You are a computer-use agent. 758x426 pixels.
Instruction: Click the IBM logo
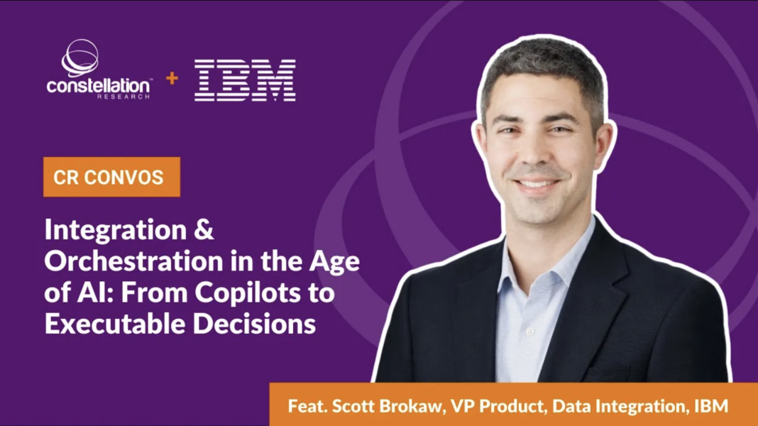click(x=246, y=80)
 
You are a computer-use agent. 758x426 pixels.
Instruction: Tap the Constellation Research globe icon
click(x=79, y=57)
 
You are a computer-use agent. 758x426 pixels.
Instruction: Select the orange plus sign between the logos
click(x=172, y=78)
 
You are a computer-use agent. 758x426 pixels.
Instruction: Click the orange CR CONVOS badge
click(x=111, y=177)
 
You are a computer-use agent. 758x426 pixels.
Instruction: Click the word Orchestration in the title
click(x=125, y=261)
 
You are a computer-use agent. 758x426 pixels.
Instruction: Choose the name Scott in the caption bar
click(x=349, y=407)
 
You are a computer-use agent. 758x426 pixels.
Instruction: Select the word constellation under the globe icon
click(x=99, y=86)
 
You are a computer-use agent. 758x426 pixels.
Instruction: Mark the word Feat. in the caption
click(x=304, y=407)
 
